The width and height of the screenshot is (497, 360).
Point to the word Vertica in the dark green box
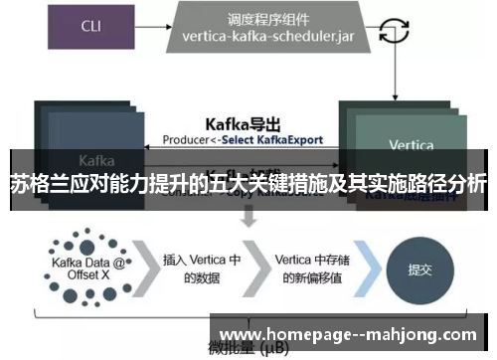[x=411, y=145]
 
